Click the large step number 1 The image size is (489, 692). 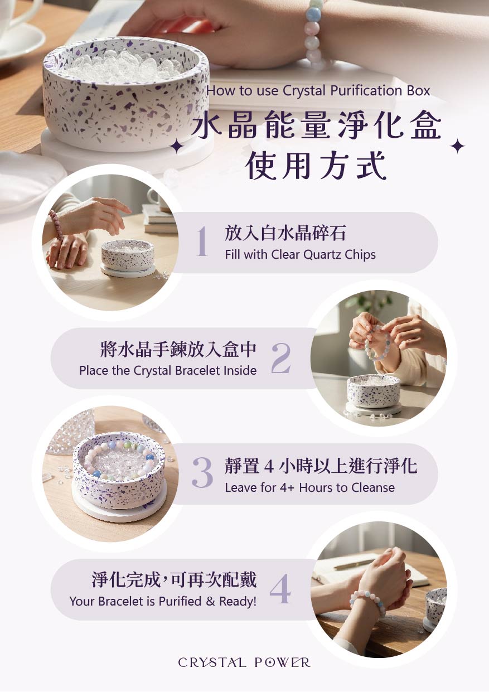coord(202,241)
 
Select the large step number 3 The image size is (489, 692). coord(202,472)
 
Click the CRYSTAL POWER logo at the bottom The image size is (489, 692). coord(244,662)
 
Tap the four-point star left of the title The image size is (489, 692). coord(176,147)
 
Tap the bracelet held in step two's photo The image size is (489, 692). coord(378,342)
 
